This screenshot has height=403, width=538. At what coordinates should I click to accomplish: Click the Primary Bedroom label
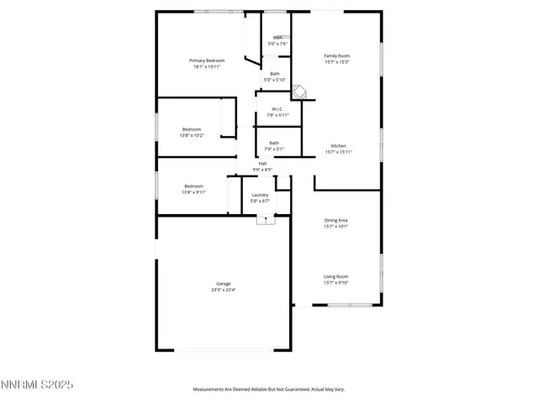206,60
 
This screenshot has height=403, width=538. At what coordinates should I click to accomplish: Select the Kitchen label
338,145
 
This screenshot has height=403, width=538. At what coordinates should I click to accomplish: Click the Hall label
262,163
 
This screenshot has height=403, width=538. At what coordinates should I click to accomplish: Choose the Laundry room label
260,195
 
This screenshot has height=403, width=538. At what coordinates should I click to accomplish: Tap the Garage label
223,284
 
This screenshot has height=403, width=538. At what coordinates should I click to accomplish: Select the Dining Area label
336,220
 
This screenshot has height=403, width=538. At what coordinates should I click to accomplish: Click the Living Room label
336,276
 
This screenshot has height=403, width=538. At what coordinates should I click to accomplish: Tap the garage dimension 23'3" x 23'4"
223,290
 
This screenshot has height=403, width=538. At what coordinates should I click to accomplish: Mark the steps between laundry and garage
266,220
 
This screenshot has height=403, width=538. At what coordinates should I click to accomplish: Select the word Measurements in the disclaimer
210,390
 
